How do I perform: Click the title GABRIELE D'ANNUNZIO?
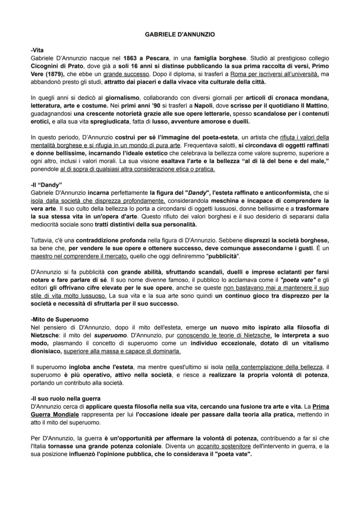[180, 33]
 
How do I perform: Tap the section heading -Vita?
[38, 50]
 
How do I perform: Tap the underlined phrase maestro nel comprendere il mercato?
[80, 256]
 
